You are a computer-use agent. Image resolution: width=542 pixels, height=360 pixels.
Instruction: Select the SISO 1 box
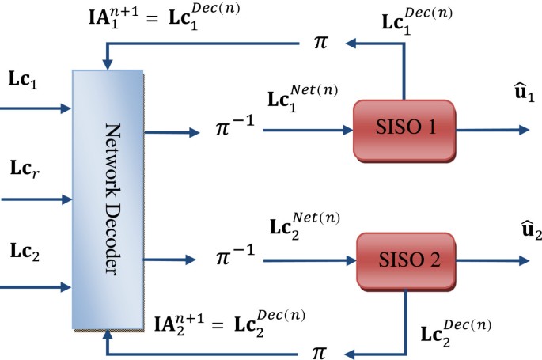404,128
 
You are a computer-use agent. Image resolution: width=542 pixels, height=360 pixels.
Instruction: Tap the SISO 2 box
404,260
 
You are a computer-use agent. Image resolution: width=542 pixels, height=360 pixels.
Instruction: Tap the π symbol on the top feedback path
320,42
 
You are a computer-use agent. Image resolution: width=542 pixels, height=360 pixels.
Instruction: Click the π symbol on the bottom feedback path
320,351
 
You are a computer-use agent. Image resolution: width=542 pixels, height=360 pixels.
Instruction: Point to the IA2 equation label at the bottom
229,321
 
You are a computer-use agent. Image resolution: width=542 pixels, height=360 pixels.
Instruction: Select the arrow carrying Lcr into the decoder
36,199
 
